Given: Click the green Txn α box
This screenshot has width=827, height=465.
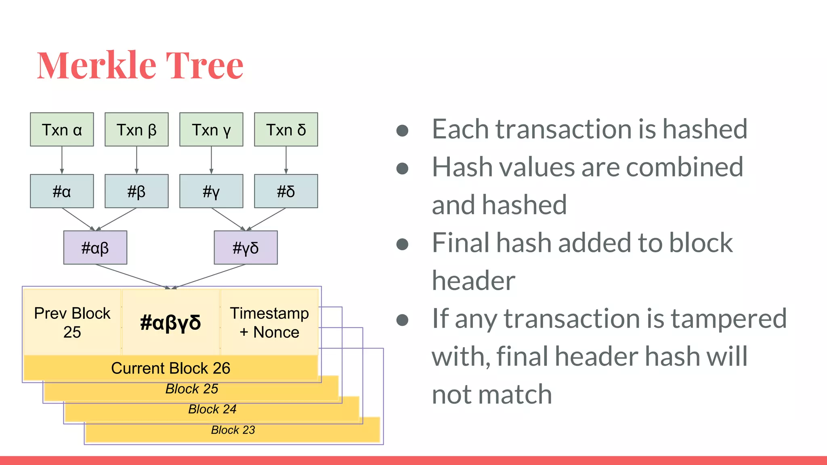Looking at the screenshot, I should pyautogui.click(x=62, y=130).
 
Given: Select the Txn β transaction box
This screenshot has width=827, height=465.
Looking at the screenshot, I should pyautogui.click(x=136, y=130).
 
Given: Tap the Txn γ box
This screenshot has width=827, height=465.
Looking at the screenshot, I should pyautogui.click(x=211, y=130).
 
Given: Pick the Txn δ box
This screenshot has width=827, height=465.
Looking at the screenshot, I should pyautogui.click(x=286, y=130).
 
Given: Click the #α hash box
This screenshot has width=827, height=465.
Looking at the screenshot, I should pyautogui.click(x=62, y=191).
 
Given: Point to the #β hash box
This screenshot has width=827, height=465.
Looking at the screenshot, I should pyautogui.click(x=136, y=191).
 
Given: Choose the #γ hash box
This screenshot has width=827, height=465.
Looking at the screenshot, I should pyautogui.click(x=211, y=191).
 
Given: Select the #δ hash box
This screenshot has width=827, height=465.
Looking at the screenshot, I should pyautogui.click(x=286, y=191).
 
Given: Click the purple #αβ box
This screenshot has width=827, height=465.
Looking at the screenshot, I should pyautogui.click(x=95, y=247).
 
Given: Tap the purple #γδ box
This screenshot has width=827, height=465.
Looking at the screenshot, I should pyautogui.click(x=246, y=247).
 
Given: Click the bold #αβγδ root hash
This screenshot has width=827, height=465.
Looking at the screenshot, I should pyautogui.click(x=170, y=323).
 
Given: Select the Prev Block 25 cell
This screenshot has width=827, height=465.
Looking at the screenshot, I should pyautogui.click(x=72, y=323).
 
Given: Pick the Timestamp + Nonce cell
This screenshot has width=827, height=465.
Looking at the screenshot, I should pyautogui.click(x=269, y=323).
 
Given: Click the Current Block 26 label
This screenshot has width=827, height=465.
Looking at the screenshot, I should pyautogui.click(x=170, y=368).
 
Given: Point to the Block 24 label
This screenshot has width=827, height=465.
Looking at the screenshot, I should pyautogui.click(x=212, y=409).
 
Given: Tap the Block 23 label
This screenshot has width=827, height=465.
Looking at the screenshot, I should pyautogui.click(x=233, y=430).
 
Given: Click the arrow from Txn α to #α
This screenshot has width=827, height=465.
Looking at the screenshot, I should pyautogui.click(x=62, y=160).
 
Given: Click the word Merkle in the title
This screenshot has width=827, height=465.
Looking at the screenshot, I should pyautogui.click(x=97, y=65).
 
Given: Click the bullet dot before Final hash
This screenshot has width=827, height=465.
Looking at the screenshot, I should pyautogui.click(x=402, y=244).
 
